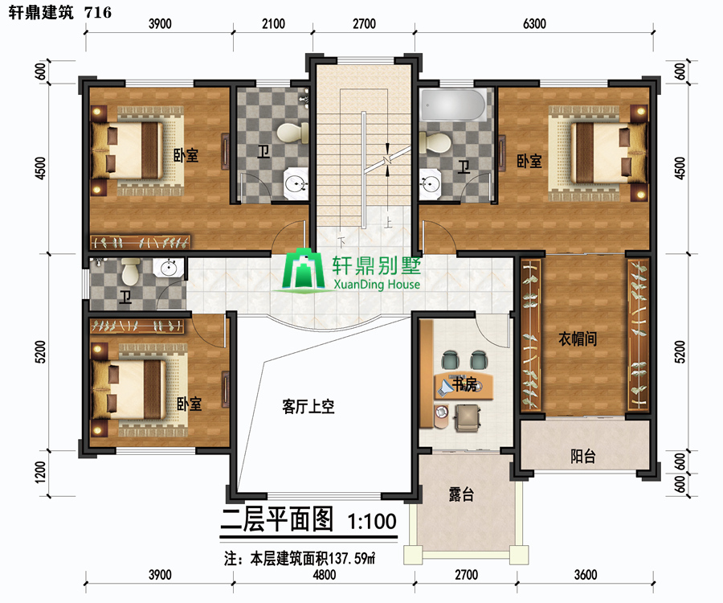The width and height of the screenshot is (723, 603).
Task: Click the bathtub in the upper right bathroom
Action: [454, 105]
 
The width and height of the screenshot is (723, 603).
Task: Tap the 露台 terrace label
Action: [461, 494]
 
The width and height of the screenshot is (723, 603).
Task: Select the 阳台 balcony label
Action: [583, 457]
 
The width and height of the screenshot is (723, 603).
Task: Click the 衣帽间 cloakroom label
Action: [578, 339]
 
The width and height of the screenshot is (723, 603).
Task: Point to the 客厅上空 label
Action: [308, 407]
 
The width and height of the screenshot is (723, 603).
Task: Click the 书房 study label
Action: [464, 384]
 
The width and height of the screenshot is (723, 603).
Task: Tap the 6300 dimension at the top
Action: [534, 24]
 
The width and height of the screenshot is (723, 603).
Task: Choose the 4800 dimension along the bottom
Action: [325, 575]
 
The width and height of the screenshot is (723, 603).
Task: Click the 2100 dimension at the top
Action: [273, 24]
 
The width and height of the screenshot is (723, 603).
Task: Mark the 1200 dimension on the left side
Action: [41, 473]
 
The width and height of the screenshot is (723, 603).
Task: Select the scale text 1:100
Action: [372, 521]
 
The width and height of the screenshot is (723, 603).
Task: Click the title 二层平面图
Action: [276, 519]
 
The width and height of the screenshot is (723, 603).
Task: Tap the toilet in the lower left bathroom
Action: [130, 271]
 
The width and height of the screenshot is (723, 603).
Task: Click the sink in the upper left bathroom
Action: [295, 183]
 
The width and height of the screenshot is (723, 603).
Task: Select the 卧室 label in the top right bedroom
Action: [529, 161]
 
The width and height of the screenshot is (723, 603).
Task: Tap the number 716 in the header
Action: [98, 12]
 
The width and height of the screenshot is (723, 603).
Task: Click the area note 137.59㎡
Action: [351, 559]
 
